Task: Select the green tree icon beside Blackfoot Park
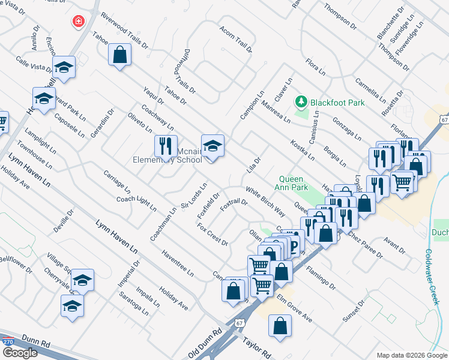point(301,102)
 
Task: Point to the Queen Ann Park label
point(294,183)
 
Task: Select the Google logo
point(19,353)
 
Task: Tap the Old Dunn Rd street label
point(205,343)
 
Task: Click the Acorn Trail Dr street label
point(235,40)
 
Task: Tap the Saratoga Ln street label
point(133,304)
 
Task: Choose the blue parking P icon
point(294,244)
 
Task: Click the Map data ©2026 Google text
point(412,355)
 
